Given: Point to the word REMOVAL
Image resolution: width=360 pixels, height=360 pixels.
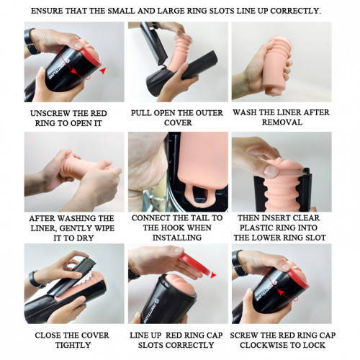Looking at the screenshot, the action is [x=282, y=122].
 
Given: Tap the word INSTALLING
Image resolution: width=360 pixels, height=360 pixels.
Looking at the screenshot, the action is [x=177, y=238].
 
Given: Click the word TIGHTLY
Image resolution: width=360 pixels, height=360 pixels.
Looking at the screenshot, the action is [x=73, y=345].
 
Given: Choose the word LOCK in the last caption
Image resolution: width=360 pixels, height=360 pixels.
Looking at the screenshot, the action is [x=315, y=345].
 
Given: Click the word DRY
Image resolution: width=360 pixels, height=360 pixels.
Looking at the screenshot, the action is [x=84, y=238].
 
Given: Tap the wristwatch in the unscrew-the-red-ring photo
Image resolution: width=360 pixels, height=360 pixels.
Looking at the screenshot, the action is [x=30, y=41].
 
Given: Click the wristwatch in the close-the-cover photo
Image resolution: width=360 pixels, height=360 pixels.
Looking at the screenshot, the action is [x=35, y=279].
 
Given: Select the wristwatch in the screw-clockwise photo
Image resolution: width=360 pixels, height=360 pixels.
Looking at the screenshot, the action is [x=240, y=263].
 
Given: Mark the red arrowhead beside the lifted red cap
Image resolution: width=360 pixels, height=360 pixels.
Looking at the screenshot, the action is [x=213, y=275].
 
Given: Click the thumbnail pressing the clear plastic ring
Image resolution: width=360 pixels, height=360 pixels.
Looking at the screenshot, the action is [x=271, y=171].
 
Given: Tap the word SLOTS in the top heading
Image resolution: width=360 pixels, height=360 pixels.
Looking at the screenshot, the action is [x=222, y=11].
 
